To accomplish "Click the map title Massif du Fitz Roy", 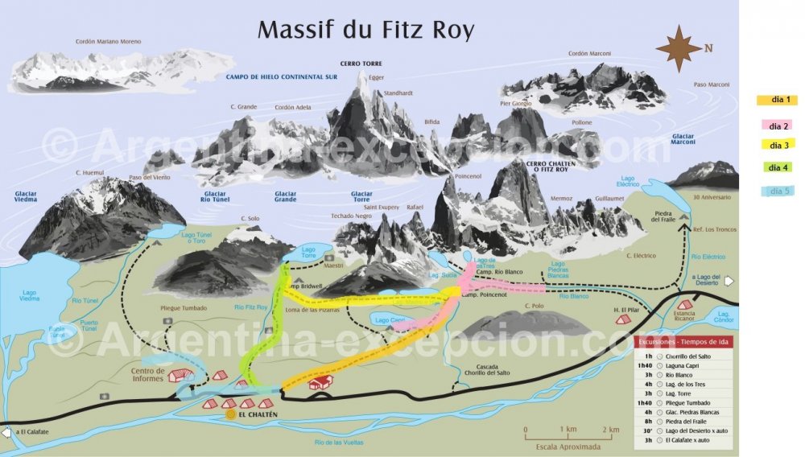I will [365, 30].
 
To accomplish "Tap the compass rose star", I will [678, 47].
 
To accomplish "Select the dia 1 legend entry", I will [777, 100].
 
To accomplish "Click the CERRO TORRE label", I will [361, 64].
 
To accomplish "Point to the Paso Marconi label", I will [712, 84].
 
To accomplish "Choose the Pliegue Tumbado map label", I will [184, 308].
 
